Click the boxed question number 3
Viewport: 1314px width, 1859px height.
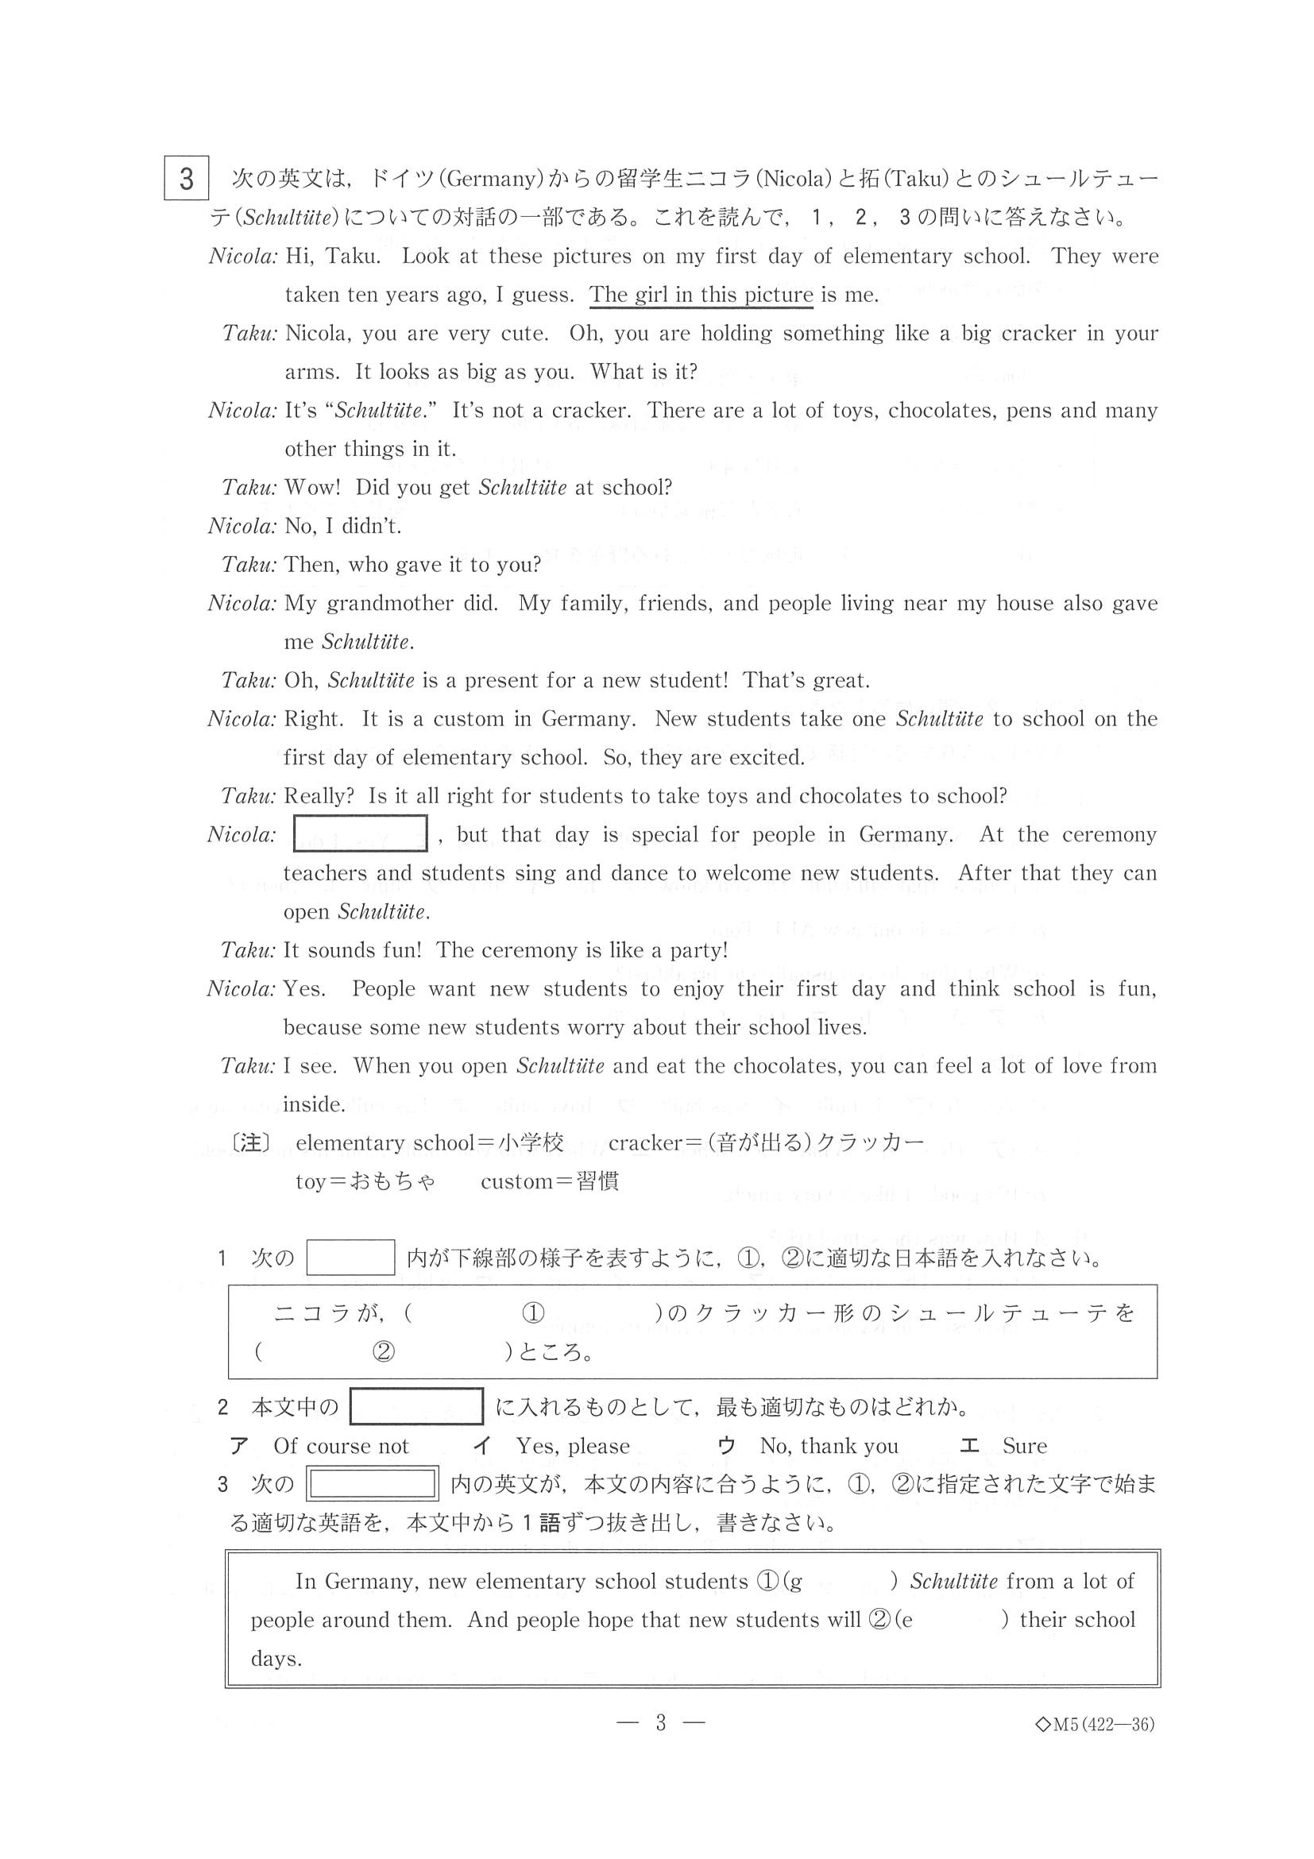pyautogui.click(x=186, y=178)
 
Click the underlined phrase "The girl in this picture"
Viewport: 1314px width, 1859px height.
pyautogui.click(x=701, y=295)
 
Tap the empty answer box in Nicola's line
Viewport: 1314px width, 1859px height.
pyautogui.click(x=359, y=833)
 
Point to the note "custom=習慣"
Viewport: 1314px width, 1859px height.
pyautogui.click(x=550, y=1181)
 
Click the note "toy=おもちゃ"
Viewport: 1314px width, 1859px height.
pyautogui.click(x=365, y=1181)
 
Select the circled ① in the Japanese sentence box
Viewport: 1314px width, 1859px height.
pyautogui.click(x=533, y=1291)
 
